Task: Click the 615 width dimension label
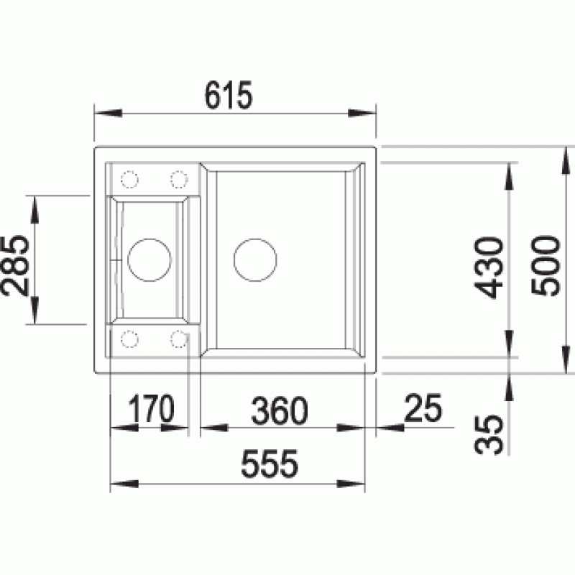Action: click(x=229, y=96)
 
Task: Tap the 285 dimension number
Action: click(x=15, y=265)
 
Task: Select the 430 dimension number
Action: click(x=489, y=267)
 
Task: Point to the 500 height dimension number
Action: click(x=546, y=265)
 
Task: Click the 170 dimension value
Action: click(x=151, y=408)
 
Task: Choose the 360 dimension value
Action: click(x=280, y=410)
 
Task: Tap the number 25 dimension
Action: click(x=423, y=408)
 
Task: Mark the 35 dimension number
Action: click(x=489, y=435)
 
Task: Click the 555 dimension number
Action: click(x=270, y=464)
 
